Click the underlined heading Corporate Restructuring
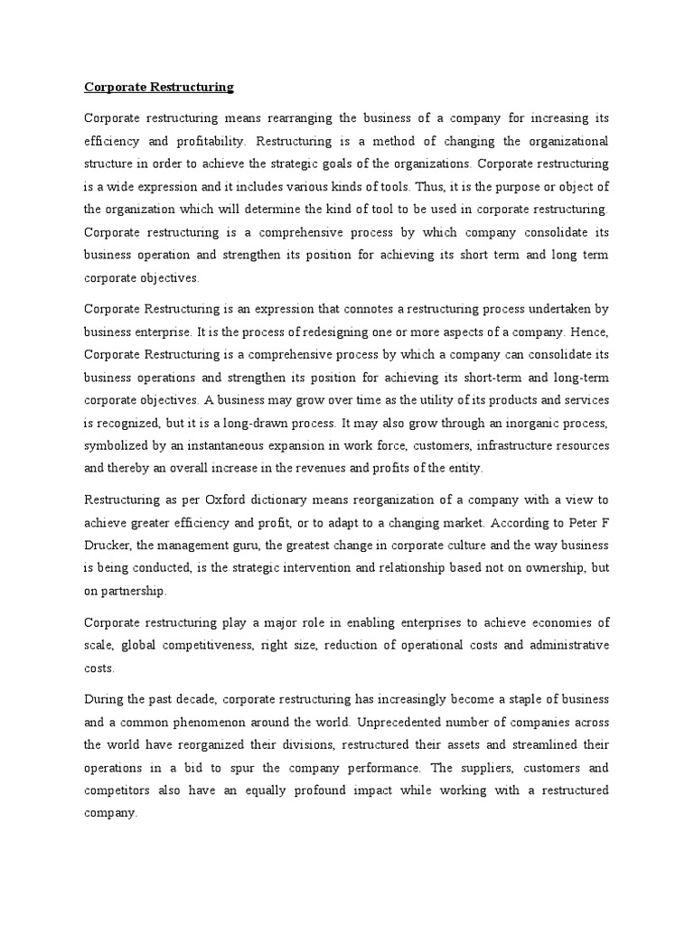[x=159, y=88]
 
